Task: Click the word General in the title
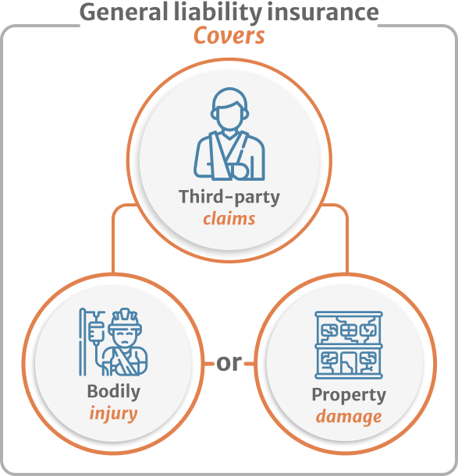[123, 12]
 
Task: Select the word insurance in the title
[323, 12]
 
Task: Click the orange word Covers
[229, 36]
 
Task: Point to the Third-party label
[229, 197]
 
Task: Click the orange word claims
[229, 219]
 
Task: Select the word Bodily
[113, 392]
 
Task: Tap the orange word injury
[113, 414]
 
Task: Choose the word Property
[349, 395]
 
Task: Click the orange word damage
[349, 417]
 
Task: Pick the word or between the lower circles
[229, 363]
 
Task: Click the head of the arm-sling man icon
[229, 109]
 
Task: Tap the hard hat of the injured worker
[125, 320]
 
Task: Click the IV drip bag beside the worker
[96, 332]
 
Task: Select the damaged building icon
[349, 345]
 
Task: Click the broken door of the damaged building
[349, 363]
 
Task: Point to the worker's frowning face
[125, 340]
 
